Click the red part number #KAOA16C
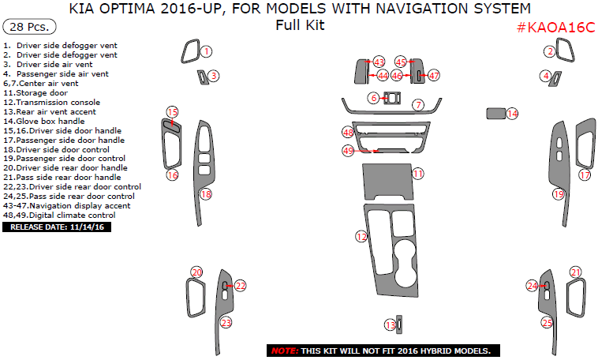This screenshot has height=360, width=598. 556,28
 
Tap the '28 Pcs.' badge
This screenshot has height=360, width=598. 29,27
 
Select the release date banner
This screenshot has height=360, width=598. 57,227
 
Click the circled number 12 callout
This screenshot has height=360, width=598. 361,237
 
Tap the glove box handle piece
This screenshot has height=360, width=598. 495,114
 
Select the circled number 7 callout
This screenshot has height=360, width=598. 418,104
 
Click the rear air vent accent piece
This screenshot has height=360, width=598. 399,324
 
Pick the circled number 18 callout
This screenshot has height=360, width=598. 206,194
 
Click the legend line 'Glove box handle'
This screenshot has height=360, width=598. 44,121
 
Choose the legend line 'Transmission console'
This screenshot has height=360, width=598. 51,103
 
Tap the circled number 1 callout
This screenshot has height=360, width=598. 206,51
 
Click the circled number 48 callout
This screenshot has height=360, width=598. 348,133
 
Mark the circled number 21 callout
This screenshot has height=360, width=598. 575,272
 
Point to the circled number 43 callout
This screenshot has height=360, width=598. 379,62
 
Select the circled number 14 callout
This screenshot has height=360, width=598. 512,114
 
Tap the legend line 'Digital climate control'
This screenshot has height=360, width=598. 59,215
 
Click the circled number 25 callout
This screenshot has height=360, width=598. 547,323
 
